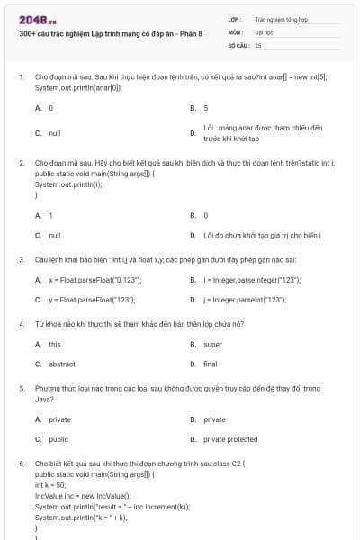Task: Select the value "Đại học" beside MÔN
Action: click(264, 31)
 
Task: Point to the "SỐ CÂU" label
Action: click(238, 44)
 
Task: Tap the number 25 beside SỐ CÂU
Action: click(258, 44)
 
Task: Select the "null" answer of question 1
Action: click(55, 133)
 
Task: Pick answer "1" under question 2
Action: click(50, 216)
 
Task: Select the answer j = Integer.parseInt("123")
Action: click(245, 299)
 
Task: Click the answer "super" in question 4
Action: click(212, 344)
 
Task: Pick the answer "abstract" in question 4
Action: click(62, 364)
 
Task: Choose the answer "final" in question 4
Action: click(211, 364)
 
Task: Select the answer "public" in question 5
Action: click(58, 439)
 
